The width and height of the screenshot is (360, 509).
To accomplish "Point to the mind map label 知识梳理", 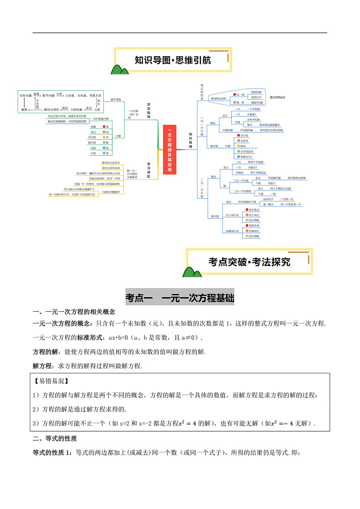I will click(191, 141).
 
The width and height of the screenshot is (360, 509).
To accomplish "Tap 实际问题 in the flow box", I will click(25, 95).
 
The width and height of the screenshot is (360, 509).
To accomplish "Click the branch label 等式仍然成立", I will click(277, 97).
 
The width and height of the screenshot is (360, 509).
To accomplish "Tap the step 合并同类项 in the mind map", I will click(247, 151).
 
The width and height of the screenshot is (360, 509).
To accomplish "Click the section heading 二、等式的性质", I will click(55, 439).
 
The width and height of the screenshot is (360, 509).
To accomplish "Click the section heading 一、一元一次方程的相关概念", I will click(74, 312).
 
